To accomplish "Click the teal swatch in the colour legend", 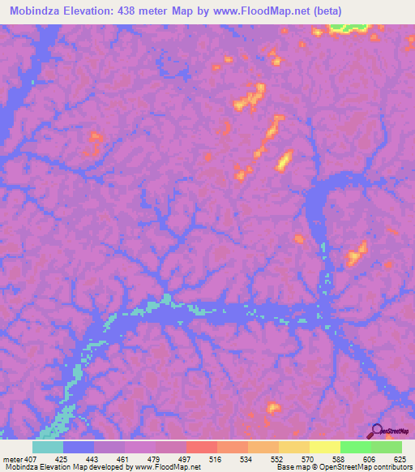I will [x=48, y=447].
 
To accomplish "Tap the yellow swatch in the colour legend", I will [x=324, y=447].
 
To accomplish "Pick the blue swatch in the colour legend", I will [x=79, y=447].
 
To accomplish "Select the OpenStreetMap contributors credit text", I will [x=368, y=466].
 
